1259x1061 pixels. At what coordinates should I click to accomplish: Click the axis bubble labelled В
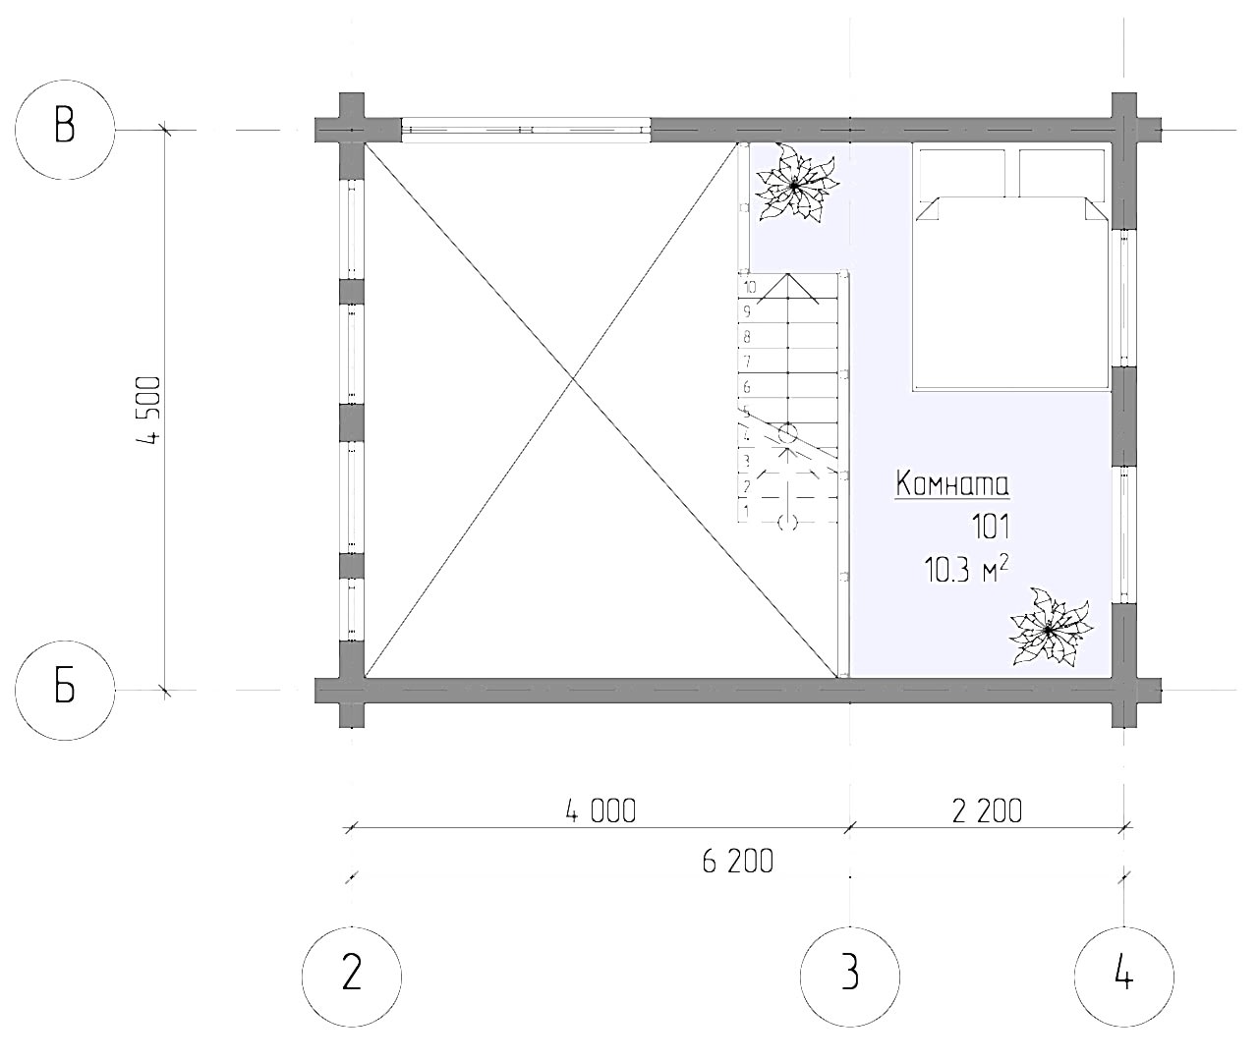click(x=65, y=129)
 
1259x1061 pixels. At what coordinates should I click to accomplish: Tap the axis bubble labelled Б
click(x=65, y=690)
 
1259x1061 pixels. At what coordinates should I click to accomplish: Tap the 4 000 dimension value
click(x=600, y=810)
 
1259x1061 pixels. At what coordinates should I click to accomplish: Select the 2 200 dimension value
click(x=986, y=810)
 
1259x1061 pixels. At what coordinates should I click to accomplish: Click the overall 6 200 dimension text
click(x=737, y=862)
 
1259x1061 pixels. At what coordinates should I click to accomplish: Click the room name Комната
click(x=951, y=484)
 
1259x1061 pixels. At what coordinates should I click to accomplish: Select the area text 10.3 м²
click(x=967, y=571)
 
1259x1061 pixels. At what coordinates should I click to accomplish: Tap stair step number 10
click(x=750, y=288)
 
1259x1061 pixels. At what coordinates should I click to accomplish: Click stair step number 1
click(x=747, y=511)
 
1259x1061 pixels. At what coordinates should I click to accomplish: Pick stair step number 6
click(x=747, y=387)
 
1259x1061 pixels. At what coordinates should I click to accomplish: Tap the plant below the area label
click(x=1049, y=629)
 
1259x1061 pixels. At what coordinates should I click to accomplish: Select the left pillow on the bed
click(x=962, y=173)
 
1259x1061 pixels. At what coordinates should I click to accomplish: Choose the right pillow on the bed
click(x=1063, y=173)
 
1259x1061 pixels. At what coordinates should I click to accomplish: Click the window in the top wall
click(x=527, y=130)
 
